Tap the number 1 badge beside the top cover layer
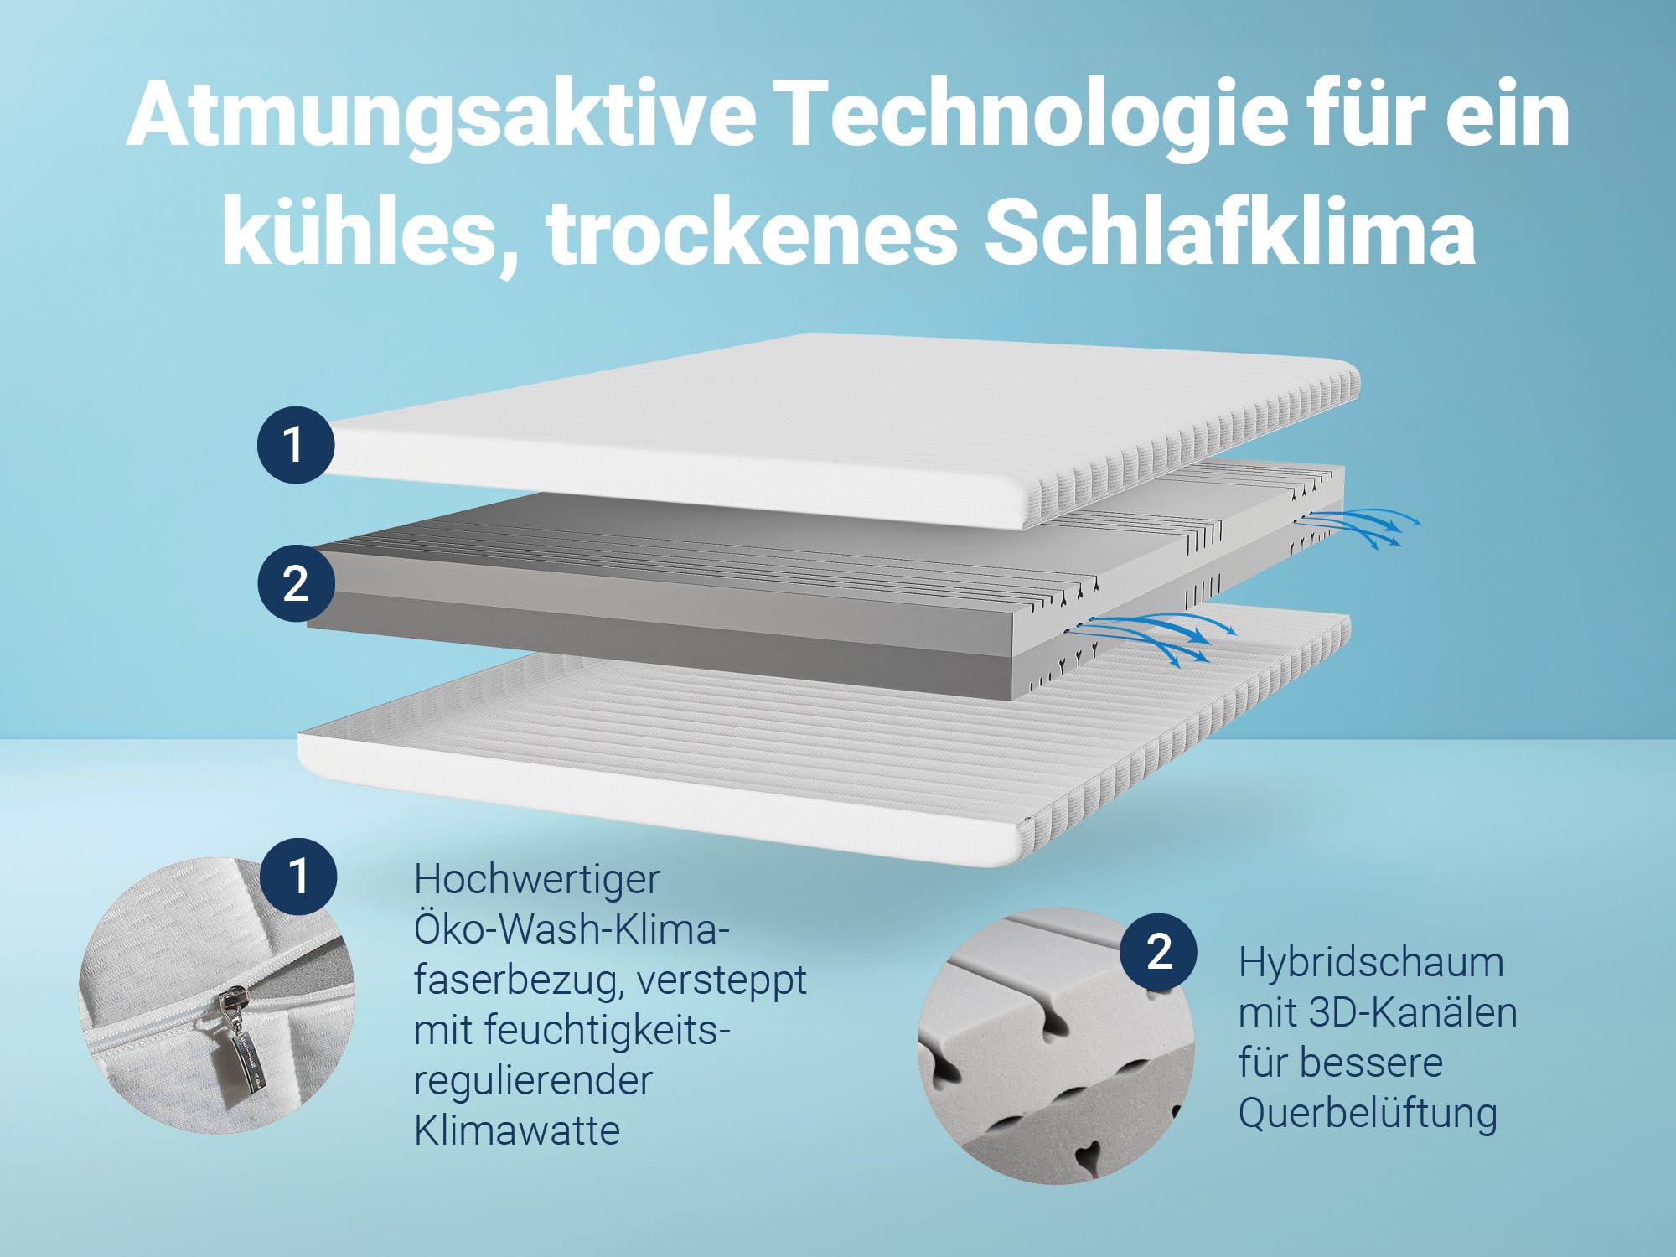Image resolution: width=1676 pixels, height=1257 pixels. pyautogui.click(x=295, y=444)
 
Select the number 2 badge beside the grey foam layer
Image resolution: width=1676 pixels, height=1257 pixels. pyautogui.click(x=295, y=583)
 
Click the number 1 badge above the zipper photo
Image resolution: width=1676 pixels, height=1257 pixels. pyautogui.click(x=298, y=876)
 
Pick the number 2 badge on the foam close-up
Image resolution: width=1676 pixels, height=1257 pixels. pyautogui.click(x=1159, y=951)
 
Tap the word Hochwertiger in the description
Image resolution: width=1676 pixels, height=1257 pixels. pyautogui.click(x=537, y=880)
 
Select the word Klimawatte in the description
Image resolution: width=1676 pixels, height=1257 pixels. pyautogui.click(x=517, y=1130)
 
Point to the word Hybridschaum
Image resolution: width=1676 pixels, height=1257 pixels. pyautogui.click(x=1371, y=963)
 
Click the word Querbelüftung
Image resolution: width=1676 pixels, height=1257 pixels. pyautogui.click(x=1368, y=1114)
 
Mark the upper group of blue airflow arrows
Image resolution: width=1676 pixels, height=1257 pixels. pyautogui.click(x=1358, y=526)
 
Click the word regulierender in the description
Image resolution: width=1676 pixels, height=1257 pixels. pyautogui.click(x=533, y=1080)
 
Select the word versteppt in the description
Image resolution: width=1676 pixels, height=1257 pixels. pyautogui.click(x=722, y=980)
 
